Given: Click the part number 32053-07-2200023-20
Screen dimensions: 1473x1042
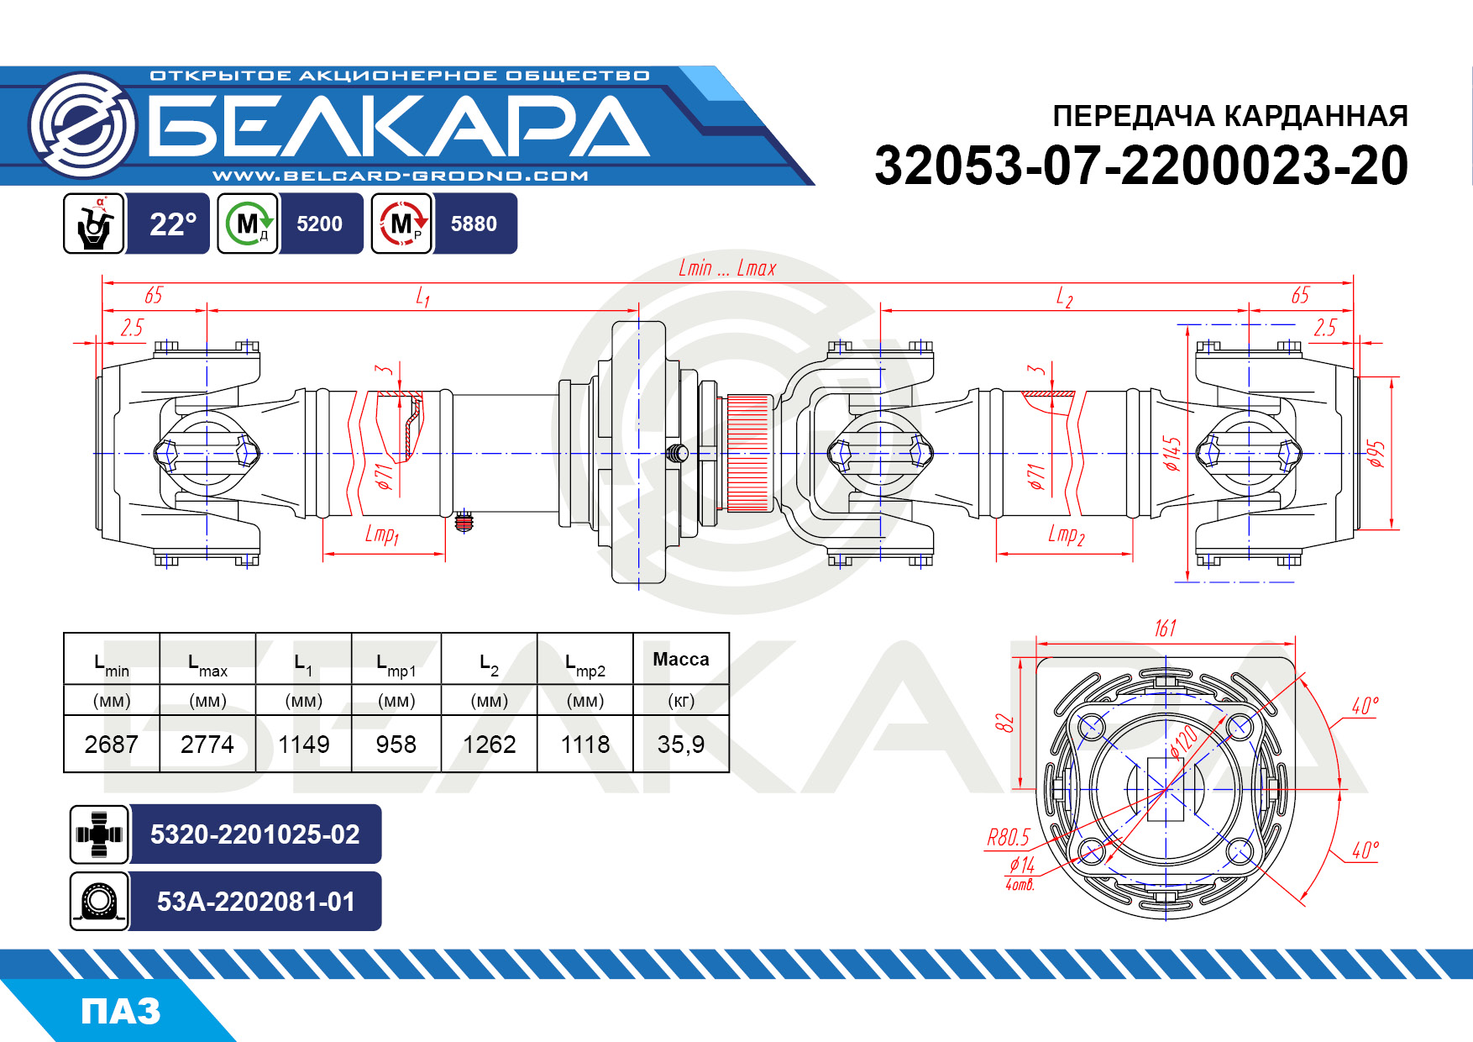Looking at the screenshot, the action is tap(1141, 166).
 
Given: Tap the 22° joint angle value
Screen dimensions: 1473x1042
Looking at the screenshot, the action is tap(173, 224).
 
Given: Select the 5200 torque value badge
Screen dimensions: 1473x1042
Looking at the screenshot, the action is tap(320, 224).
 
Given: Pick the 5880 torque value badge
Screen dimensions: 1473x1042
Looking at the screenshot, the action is tap(474, 224).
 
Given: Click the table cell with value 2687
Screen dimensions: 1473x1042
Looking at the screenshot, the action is tap(111, 745).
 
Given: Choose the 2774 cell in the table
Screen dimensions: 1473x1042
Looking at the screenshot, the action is tap(207, 745).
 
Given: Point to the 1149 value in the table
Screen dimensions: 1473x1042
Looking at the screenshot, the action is tap(304, 745).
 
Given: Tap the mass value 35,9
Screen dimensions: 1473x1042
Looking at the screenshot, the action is tap(681, 745).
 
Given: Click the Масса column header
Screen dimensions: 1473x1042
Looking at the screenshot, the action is tap(681, 660).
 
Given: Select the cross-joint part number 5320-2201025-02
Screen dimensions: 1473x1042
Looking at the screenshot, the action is tap(255, 834).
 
